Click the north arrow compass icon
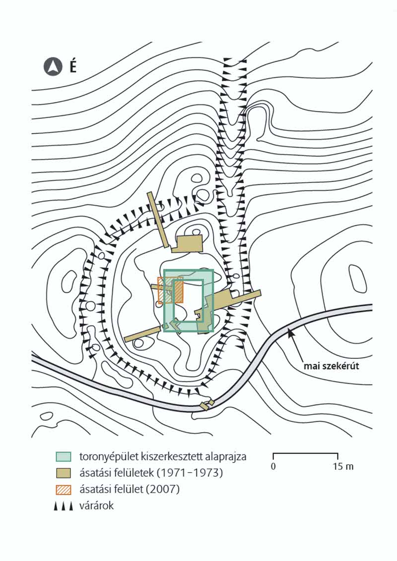(x=52, y=67)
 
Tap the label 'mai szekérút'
(x=331, y=367)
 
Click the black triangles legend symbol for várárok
(x=65, y=506)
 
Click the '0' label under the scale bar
(x=273, y=466)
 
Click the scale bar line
(x=306, y=454)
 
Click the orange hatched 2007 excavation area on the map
(x=170, y=290)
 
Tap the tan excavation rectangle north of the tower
(x=190, y=243)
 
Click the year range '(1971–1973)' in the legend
(x=193, y=473)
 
